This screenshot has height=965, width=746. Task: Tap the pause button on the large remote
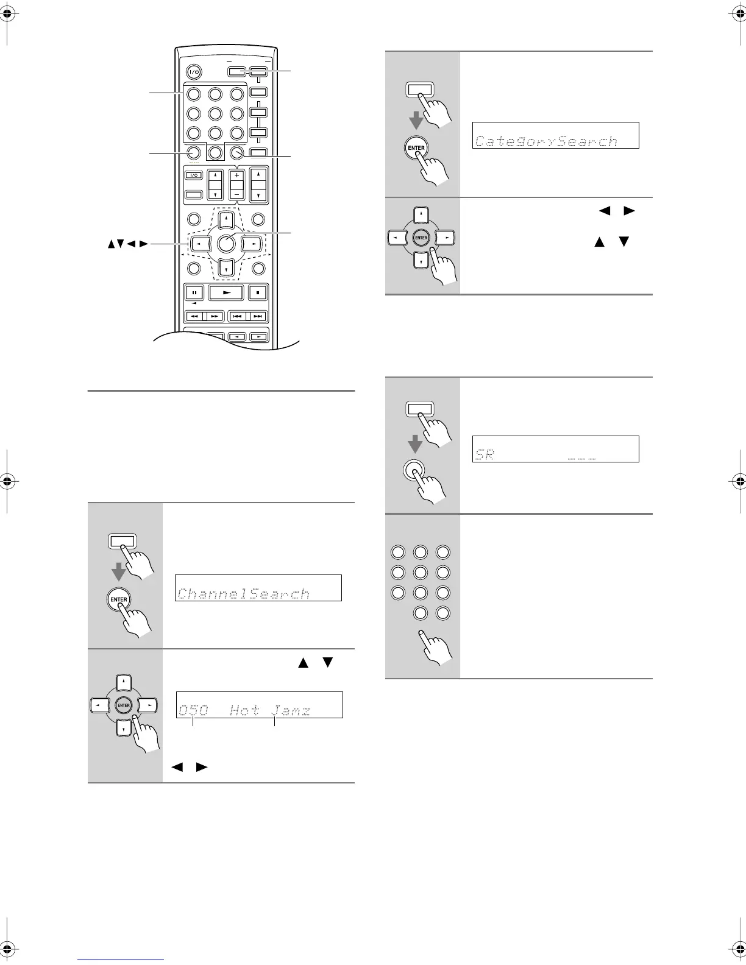(193, 292)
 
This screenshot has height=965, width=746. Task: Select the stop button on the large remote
(258, 292)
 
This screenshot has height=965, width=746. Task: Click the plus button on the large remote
(236, 176)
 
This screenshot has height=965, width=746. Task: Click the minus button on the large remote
(236, 194)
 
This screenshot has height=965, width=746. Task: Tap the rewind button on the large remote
(194, 316)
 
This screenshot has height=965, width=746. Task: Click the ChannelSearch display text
(244, 594)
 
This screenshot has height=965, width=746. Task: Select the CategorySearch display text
(546, 141)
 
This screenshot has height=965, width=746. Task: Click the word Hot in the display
(244, 710)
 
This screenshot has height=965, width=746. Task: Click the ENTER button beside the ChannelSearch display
(118, 599)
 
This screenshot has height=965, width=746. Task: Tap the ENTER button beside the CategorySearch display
(416, 147)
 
